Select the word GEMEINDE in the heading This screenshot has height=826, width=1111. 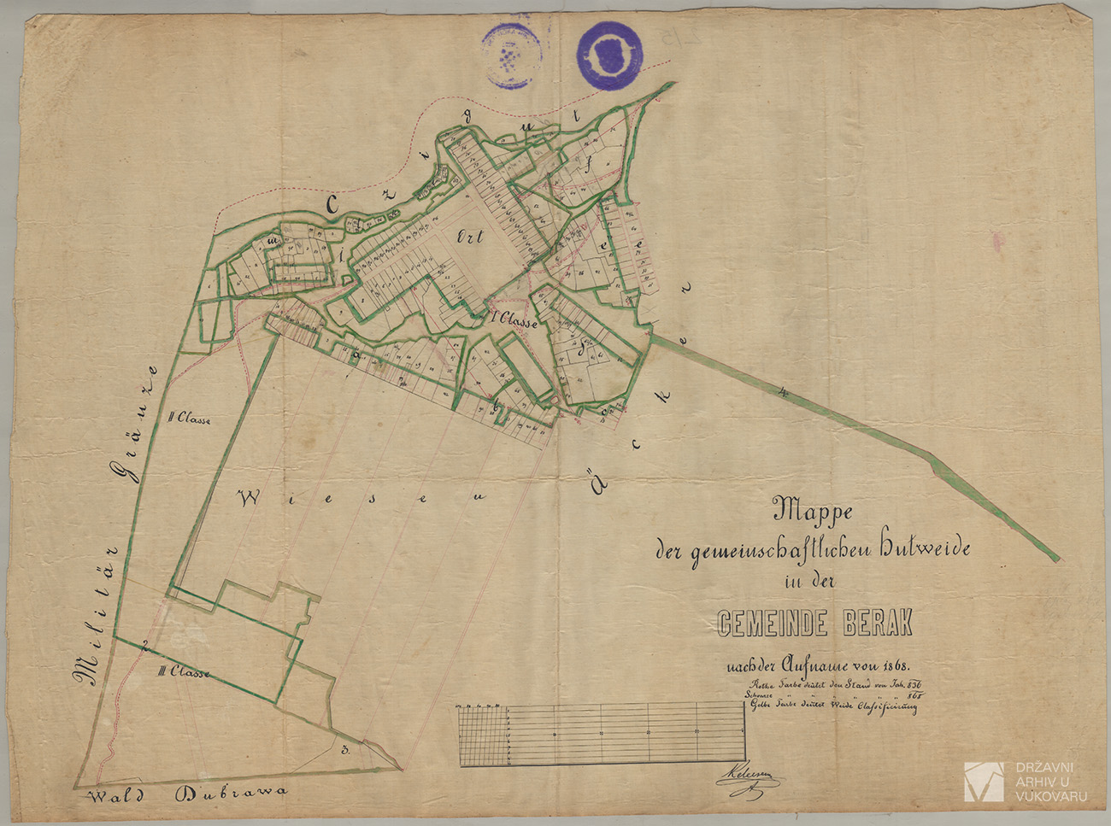(x=772, y=624)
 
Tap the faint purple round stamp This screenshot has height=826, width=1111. (x=512, y=55)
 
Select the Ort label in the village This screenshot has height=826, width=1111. (x=471, y=238)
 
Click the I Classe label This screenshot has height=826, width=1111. (x=515, y=322)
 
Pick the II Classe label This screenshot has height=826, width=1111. (x=190, y=419)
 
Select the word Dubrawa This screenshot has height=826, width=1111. (x=231, y=794)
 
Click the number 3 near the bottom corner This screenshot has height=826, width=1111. (x=344, y=752)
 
